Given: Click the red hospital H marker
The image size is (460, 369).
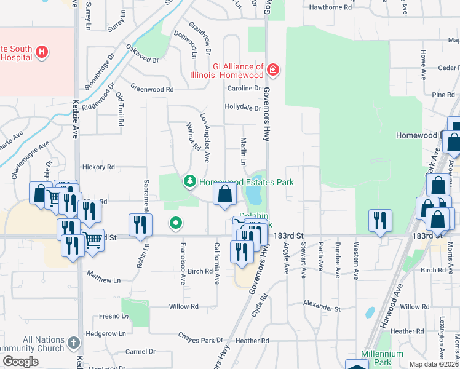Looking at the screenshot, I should click(42, 52).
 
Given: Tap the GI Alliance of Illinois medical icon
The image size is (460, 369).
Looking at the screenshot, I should click(272, 72).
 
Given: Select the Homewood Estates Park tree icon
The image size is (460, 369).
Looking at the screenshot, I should click(191, 181).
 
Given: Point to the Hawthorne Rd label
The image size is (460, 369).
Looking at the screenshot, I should click(330, 8).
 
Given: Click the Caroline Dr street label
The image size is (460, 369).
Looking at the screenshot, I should click(244, 89).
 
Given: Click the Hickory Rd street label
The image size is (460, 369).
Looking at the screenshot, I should click(98, 167).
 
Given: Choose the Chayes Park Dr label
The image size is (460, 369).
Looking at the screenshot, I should click(201, 339).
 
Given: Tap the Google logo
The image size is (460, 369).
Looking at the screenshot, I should click(20, 361).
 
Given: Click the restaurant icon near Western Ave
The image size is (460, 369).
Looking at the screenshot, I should click(380, 220).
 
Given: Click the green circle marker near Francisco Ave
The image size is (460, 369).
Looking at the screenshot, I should click(175, 223).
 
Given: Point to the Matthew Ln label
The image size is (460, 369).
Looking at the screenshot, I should click(103, 280).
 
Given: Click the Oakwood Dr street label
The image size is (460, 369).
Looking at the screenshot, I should click(142, 54).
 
